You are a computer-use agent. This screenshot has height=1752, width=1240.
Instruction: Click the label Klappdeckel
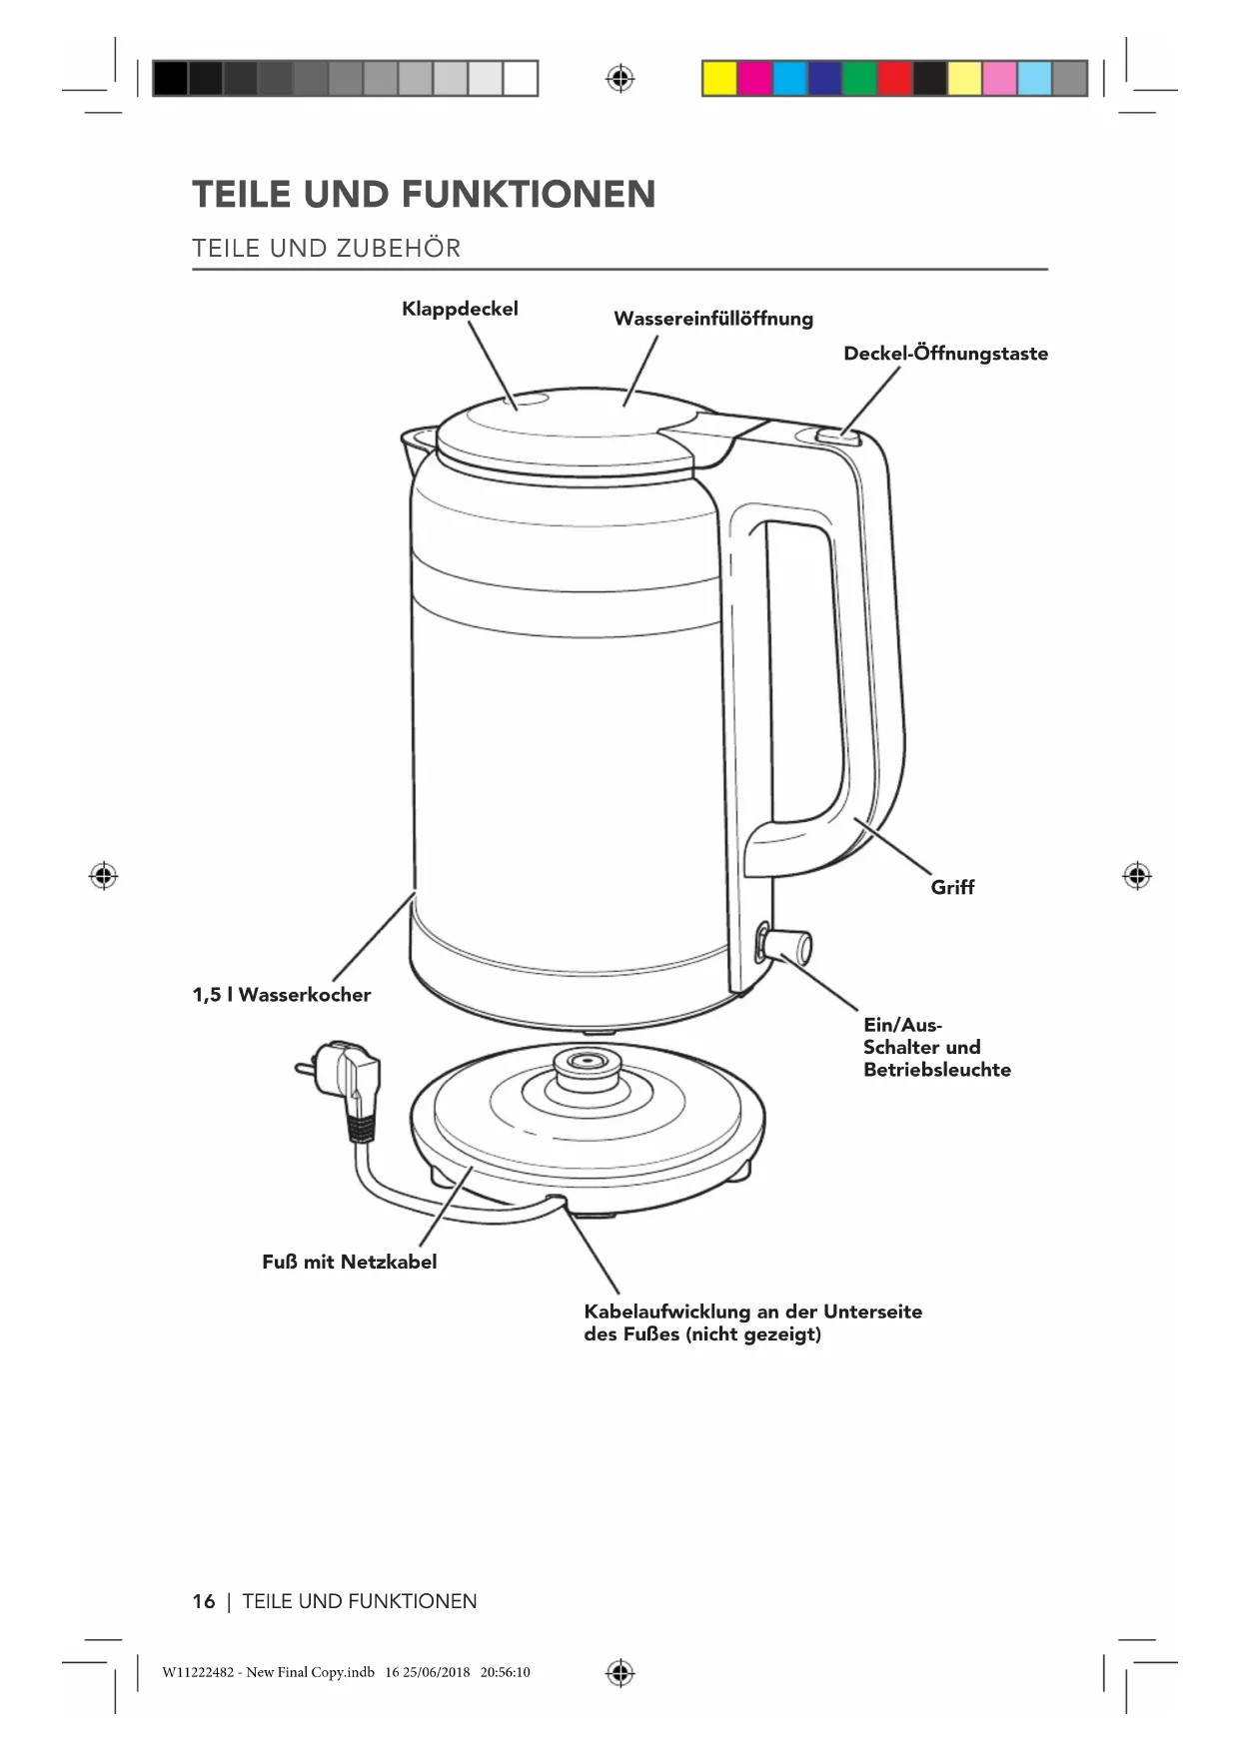click(460, 309)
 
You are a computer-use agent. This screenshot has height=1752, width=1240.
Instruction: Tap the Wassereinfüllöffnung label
click(712, 319)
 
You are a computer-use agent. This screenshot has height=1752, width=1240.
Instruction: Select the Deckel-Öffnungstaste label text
click(945, 354)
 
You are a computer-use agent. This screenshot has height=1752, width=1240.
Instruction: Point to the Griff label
click(952, 887)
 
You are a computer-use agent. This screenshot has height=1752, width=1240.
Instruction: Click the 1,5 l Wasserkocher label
click(282, 995)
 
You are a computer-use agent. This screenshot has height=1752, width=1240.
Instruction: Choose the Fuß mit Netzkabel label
click(349, 1262)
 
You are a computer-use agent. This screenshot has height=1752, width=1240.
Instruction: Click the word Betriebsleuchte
click(937, 1070)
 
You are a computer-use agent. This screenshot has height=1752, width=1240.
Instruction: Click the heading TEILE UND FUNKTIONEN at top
click(424, 194)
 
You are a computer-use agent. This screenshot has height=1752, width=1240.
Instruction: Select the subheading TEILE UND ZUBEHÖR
click(327, 249)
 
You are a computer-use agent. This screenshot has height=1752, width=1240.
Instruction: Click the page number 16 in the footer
click(203, 1601)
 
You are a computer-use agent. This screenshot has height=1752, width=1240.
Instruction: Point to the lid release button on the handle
click(838, 435)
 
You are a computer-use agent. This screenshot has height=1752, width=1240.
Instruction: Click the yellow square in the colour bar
click(719, 78)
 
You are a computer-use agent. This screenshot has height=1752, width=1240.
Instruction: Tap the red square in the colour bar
click(894, 78)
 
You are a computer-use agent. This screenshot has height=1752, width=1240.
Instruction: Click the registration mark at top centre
click(620, 78)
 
